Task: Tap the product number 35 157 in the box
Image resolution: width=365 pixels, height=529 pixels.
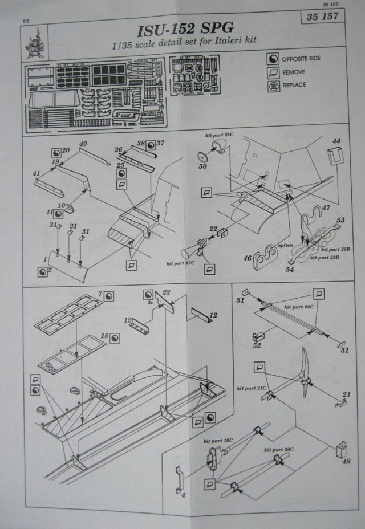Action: pyautogui.click(x=322, y=17)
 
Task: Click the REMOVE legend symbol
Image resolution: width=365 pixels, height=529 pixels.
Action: pyautogui.click(x=273, y=72)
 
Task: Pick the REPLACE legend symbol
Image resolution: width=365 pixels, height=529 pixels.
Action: pyautogui.click(x=273, y=86)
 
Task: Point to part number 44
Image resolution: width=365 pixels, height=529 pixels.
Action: pyautogui.click(x=336, y=141)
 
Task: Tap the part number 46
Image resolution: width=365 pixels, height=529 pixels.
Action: pyautogui.click(x=247, y=258)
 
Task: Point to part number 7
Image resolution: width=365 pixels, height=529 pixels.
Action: pyautogui.click(x=100, y=294)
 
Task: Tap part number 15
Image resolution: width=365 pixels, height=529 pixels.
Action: pyautogui.click(x=105, y=336)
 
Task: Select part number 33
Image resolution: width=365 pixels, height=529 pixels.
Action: pyautogui.click(x=166, y=293)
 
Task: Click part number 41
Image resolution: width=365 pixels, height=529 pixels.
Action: pyautogui.click(x=36, y=173)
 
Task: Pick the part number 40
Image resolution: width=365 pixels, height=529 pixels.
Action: pyautogui.click(x=83, y=144)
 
